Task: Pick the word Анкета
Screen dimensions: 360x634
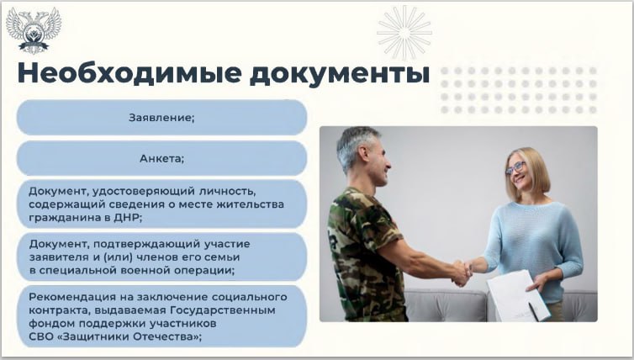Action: click(161, 158)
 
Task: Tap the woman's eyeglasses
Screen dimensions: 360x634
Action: click(515, 168)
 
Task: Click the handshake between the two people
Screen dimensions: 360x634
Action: click(461, 270)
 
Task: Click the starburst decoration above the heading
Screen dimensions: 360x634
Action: click(404, 32)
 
